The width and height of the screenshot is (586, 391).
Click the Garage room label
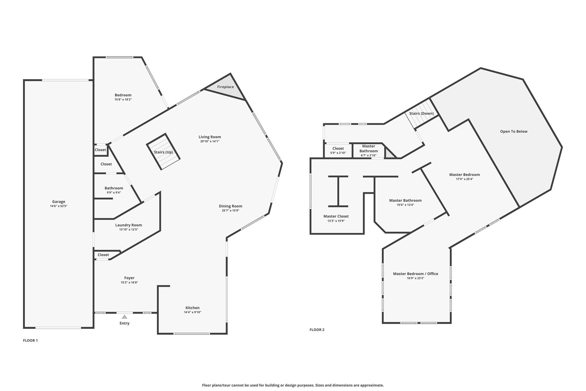pyautogui.click(x=59, y=202)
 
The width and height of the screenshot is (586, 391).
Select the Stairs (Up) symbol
pyautogui.click(x=163, y=152)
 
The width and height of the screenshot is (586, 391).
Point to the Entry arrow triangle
pyautogui.click(x=124, y=316)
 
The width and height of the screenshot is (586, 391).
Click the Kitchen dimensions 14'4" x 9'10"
pyautogui.click(x=192, y=312)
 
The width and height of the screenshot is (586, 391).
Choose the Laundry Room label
pyautogui.click(x=129, y=225)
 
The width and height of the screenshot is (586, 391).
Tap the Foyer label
pyautogui.click(x=129, y=278)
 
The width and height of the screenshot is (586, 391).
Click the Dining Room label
pyautogui.click(x=230, y=206)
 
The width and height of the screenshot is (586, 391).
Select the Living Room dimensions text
pyautogui.click(x=210, y=141)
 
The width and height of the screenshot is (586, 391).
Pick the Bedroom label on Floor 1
pyautogui.click(x=123, y=95)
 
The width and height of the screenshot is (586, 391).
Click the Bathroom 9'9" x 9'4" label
pyautogui.click(x=114, y=190)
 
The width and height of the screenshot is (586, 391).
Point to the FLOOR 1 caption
pyautogui.click(x=30, y=340)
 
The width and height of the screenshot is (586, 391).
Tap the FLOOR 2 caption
pyautogui.click(x=317, y=330)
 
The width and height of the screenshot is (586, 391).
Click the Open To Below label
pyautogui.click(x=514, y=132)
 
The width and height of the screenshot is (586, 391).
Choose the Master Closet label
pyautogui.click(x=336, y=216)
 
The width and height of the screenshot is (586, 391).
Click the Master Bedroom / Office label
pyautogui.click(x=415, y=274)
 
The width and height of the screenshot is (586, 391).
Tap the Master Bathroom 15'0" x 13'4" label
pyautogui.click(x=405, y=202)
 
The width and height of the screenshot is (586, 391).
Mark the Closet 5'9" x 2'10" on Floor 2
pyautogui.click(x=338, y=151)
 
